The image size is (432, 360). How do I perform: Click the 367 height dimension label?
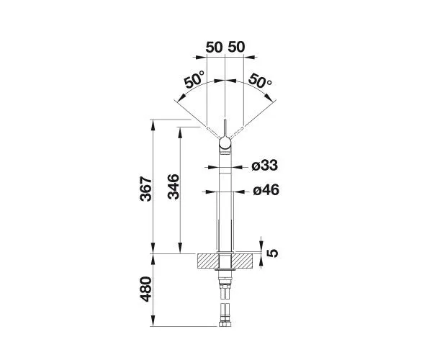point(146,189)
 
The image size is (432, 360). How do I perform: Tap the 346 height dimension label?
point(174,186)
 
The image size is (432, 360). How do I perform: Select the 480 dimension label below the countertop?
point(146,289)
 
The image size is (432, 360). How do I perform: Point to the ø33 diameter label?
point(265,166)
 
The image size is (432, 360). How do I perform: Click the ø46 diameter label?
point(266,190)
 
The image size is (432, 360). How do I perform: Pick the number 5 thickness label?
point(273,253)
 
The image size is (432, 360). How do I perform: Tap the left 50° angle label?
point(195,79)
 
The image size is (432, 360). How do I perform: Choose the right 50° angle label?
point(260,81)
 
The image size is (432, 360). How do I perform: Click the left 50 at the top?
point(214,47)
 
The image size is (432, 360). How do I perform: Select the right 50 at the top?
point(236,47)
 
